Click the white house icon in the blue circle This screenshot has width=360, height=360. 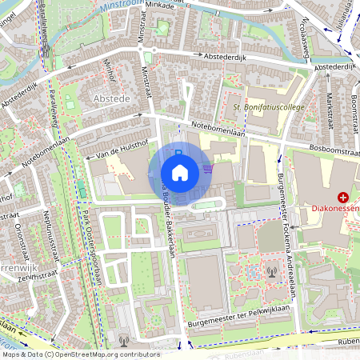pyautogui.click(x=180, y=173)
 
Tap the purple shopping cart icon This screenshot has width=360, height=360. pyautogui.click(x=208, y=169)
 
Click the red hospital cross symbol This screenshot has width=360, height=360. pyautogui.click(x=343, y=196)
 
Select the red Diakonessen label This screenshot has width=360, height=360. pyautogui.click(x=335, y=209)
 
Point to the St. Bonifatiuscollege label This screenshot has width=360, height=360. pyautogui.click(x=268, y=106)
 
